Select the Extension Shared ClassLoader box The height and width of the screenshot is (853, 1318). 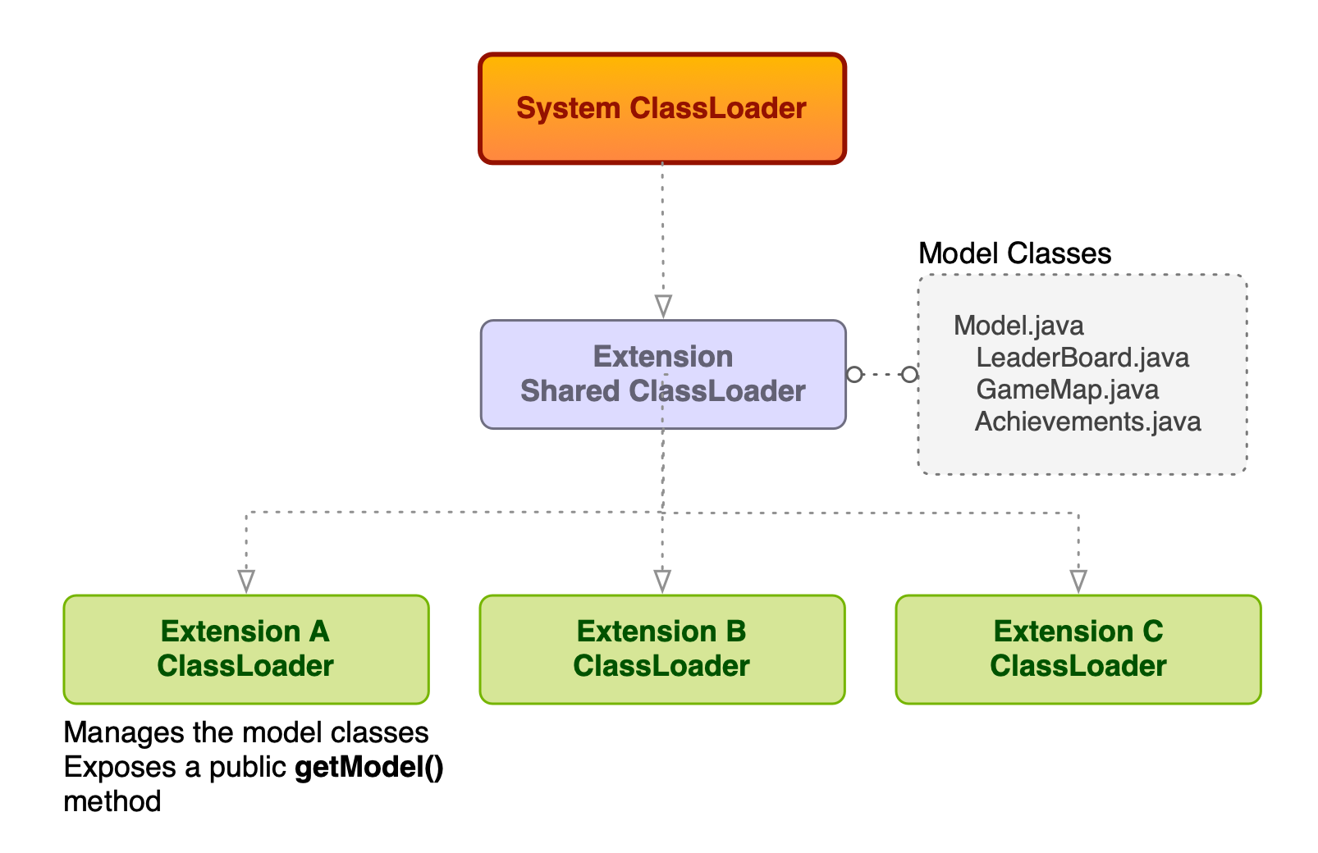pos(662,375)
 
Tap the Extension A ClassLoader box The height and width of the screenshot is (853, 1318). pos(245,649)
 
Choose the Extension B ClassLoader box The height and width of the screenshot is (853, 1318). pos(661,649)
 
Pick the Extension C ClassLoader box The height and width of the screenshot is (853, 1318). pos(1078,649)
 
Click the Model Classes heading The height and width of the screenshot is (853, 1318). pos(1014,253)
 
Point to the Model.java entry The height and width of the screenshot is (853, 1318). pos(1018,326)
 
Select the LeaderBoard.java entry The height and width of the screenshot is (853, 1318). pos(1082,358)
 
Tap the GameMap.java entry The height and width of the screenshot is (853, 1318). pos(1067,390)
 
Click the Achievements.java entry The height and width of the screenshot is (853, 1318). pos(1087,422)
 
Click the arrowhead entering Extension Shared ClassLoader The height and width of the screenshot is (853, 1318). pos(663,306)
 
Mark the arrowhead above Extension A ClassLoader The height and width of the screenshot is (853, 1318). pos(246,581)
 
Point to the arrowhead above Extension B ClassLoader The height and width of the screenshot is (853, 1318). pos(662,581)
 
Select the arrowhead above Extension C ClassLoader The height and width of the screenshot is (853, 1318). pos(1078,581)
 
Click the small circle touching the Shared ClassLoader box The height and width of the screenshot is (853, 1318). pos(854,375)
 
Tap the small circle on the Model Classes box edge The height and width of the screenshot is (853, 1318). pos(909,375)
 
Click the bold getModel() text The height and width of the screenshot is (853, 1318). pos(368,768)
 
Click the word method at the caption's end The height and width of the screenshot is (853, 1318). pos(112,801)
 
